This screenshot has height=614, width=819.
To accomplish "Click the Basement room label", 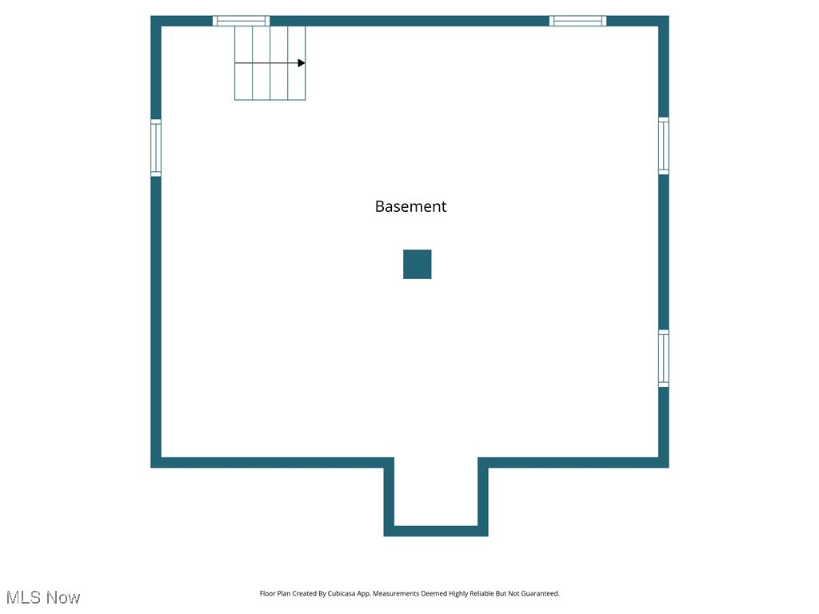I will point(410,206).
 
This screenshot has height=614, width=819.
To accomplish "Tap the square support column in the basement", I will point(417,264).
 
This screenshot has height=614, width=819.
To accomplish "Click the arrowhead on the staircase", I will point(301,63).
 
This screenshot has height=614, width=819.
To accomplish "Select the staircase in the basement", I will point(270,63).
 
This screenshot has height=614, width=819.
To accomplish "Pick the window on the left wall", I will point(156,147).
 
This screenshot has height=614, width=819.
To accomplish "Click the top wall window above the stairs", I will point(241,21).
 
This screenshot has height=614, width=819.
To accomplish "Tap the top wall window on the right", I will point(577,21).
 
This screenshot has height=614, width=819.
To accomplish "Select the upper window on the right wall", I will point(663,146).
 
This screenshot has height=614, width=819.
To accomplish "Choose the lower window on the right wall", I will point(663,358).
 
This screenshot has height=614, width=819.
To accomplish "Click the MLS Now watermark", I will point(43,597).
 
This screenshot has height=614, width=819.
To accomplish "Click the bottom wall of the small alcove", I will point(436,531).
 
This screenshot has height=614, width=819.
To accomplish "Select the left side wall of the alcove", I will point(390,496).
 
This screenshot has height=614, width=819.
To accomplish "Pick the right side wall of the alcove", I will point(483,496).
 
